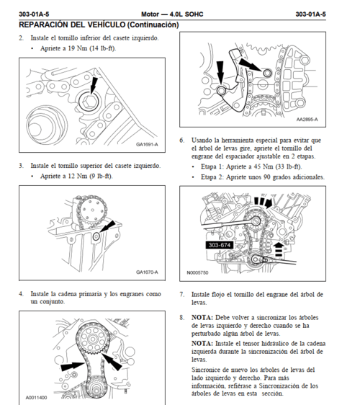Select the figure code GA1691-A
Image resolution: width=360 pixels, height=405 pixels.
tap(147, 144)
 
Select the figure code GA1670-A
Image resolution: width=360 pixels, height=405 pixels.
tap(147, 272)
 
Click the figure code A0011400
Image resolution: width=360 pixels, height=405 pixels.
tap(37, 397)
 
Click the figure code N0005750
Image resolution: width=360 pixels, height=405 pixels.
tap(197, 273)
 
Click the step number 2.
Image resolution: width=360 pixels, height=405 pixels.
tap(21, 37)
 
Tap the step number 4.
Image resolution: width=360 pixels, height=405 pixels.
tap(21, 294)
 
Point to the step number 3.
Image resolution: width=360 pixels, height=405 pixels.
tap(21, 165)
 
